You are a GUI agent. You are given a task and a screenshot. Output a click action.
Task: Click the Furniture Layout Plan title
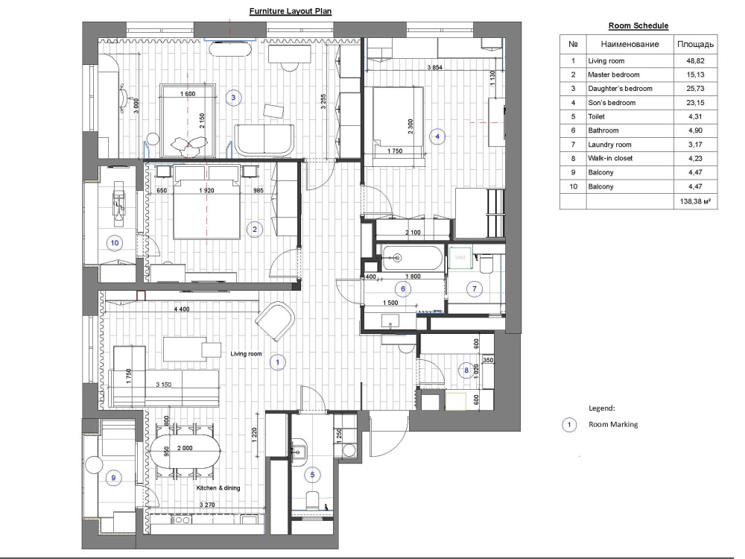291,11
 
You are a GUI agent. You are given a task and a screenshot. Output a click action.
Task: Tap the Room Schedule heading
638,25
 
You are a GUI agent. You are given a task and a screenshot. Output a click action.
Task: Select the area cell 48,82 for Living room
695,61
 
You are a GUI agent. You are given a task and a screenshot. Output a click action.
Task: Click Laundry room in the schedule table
609,145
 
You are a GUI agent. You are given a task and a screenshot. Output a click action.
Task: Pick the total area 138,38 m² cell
695,201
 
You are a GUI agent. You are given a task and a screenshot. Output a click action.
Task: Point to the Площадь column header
695,44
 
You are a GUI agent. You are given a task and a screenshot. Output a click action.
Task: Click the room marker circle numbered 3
233,98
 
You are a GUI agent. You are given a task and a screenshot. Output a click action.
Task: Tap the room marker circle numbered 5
312,474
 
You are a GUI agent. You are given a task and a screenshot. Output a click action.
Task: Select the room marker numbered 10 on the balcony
115,243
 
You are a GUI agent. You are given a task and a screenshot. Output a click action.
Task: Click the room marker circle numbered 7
474,288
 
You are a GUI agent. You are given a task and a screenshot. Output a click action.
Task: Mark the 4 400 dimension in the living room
182,309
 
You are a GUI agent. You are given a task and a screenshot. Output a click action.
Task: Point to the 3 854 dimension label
434,68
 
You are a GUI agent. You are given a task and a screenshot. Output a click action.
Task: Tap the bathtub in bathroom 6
412,258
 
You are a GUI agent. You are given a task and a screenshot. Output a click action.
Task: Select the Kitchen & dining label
218,487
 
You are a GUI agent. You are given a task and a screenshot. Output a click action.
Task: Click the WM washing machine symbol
460,258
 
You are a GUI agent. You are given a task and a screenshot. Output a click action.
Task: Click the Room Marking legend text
613,425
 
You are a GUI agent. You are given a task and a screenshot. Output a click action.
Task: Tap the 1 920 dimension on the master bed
206,191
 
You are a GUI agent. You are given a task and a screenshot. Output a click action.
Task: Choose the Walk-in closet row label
610,158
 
